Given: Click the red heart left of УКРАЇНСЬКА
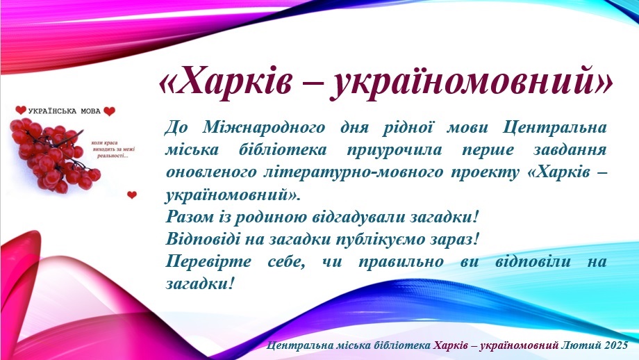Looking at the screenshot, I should tap(21, 111).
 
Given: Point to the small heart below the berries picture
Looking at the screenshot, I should tap(132, 195).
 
